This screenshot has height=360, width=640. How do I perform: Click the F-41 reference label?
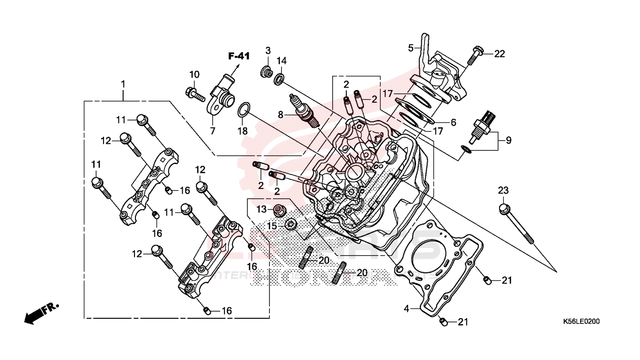point(239,56)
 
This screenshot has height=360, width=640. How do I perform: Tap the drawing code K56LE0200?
point(581,322)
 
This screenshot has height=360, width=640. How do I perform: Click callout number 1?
point(123,84)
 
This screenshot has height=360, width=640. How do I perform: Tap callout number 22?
point(499,54)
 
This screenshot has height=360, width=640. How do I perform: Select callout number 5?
point(411,48)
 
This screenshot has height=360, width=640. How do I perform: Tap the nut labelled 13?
point(280,210)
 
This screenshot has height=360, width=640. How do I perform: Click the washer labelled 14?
point(279,79)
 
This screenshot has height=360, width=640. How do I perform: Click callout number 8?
point(281,114)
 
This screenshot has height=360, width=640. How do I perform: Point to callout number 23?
point(503,191)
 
